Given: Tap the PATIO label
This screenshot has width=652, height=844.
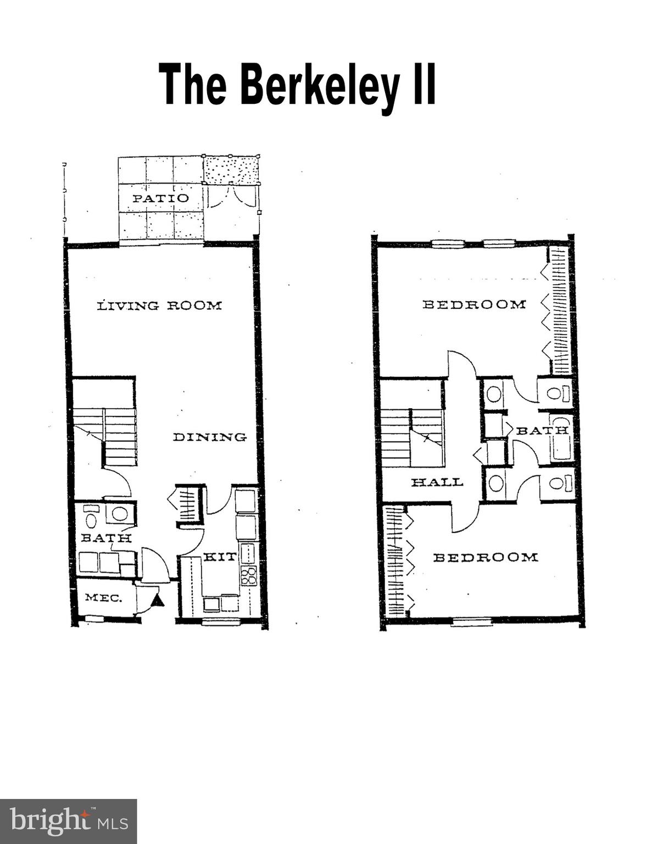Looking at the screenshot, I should [x=160, y=198].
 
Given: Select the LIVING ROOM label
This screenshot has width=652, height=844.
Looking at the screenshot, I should [x=159, y=306].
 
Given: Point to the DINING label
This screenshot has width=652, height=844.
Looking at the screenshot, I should [x=210, y=437].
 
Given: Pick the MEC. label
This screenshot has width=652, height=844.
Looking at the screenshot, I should [x=103, y=598].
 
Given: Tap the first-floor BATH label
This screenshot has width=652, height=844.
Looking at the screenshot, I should [x=106, y=538].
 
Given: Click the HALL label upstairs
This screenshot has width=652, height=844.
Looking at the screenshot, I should [x=437, y=482].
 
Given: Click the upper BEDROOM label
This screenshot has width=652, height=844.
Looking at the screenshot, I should [x=473, y=304].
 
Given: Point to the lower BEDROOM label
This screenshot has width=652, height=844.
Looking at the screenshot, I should [x=486, y=558].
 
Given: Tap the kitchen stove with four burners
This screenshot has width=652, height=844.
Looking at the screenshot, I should [x=249, y=575].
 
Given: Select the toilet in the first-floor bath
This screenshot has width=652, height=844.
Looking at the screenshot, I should [x=90, y=518].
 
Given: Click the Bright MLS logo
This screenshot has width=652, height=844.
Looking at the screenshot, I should [x=68, y=821].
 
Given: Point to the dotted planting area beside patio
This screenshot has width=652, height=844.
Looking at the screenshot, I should [x=231, y=170].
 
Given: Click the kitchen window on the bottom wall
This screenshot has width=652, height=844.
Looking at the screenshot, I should [x=221, y=621].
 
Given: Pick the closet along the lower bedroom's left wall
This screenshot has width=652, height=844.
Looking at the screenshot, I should [x=395, y=560].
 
